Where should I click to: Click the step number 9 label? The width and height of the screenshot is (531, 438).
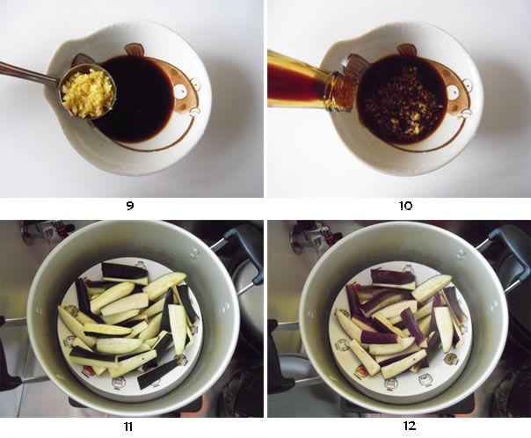click(x=130, y=206)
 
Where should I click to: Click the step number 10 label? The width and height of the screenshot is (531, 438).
click(x=405, y=206)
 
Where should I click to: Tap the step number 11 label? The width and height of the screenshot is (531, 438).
click(x=127, y=427)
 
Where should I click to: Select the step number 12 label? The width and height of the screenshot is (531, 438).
click(x=410, y=426)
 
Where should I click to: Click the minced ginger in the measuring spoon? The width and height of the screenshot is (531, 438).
click(x=88, y=92)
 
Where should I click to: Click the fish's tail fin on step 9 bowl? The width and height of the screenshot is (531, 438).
click(x=82, y=61)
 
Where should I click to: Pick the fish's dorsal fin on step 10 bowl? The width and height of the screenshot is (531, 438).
click(x=407, y=50)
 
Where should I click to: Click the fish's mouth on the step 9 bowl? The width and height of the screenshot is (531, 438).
click(x=194, y=112)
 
